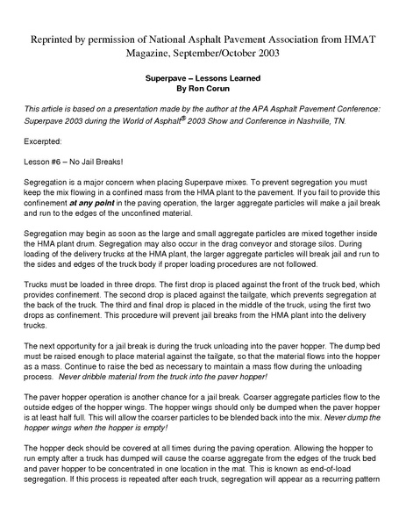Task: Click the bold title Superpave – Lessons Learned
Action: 203,78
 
